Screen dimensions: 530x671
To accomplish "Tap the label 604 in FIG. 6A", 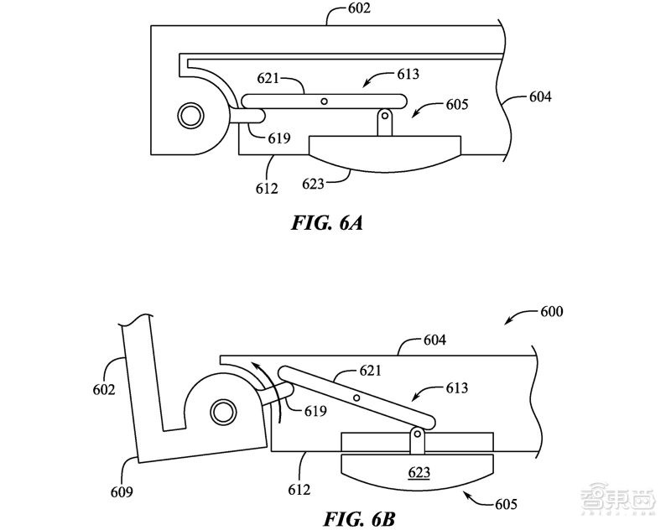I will click(x=540, y=97).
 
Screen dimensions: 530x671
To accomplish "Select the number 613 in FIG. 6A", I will click(x=407, y=75).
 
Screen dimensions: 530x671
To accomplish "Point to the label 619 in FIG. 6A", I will click(x=280, y=138).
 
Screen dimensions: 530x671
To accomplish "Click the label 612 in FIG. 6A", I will click(x=266, y=189).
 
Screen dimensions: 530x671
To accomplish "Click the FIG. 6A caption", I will click(x=326, y=224).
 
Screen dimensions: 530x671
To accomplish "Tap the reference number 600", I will click(x=550, y=310).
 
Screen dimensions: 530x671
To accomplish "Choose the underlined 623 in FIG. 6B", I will click(x=419, y=473).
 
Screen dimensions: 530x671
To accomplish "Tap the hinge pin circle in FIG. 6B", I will click(x=222, y=412).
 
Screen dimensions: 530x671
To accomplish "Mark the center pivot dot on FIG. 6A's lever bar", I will click(x=324, y=101).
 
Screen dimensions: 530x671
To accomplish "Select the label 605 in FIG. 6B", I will click(x=504, y=505).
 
